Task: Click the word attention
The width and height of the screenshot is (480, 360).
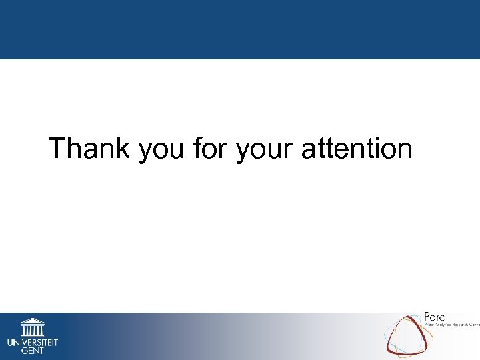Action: pyautogui.click(x=357, y=148)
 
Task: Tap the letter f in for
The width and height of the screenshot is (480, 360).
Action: pyautogui.click(x=197, y=147)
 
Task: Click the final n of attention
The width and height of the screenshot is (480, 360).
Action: pyautogui.click(x=405, y=151)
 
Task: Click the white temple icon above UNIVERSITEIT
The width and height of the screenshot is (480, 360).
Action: pyautogui.click(x=32, y=327)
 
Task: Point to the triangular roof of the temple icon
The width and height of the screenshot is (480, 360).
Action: pyautogui.click(x=32, y=321)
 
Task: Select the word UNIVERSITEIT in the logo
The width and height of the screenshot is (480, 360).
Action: pyautogui.click(x=33, y=343)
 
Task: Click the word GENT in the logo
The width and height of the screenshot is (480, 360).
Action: pyautogui.click(x=33, y=351)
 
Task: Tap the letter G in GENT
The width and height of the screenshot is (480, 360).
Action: pyautogui.click(x=24, y=351)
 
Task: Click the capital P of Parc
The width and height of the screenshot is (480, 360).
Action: pyautogui.click(x=428, y=316)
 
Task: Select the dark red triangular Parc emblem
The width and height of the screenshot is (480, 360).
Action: pyautogui.click(x=407, y=336)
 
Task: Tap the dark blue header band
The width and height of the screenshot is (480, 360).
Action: pyautogui.click(x=240, y=29)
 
